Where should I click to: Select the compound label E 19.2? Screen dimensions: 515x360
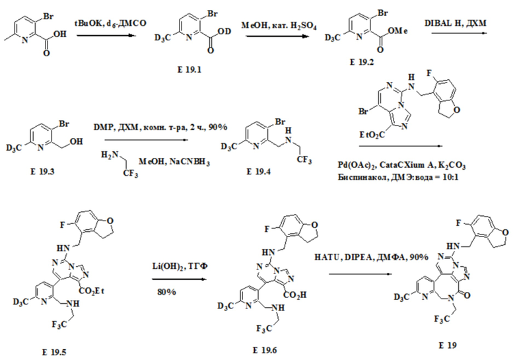(362, 62)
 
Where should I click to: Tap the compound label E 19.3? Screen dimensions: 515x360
(43, 171)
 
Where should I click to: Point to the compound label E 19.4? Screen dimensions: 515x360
(258, 172)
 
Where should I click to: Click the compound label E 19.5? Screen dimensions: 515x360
(54, 352)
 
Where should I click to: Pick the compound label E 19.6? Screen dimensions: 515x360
(265, 350)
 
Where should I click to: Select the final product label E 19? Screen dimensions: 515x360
(448, 345)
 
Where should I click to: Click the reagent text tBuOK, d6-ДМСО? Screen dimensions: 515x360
(110, 23)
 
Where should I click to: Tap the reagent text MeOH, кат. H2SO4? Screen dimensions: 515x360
(279, 26)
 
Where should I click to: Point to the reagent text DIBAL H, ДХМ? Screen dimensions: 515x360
(455, 23)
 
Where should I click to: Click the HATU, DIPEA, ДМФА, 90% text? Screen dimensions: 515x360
(371, 257)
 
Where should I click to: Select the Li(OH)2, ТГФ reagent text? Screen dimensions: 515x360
(180, 266)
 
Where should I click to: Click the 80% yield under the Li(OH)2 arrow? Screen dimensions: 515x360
(166, 292)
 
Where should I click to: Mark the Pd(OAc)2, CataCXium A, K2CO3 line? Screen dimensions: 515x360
(401, 165)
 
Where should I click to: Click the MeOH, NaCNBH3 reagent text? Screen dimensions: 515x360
(174, 162)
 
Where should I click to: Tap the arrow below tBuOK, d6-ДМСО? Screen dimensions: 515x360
(106, 35)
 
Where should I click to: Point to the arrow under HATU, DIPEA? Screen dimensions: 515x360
(360, 274)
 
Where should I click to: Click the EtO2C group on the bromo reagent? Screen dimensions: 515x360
(372, 135)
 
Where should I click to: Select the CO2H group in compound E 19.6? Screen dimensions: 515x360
(294, 295)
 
